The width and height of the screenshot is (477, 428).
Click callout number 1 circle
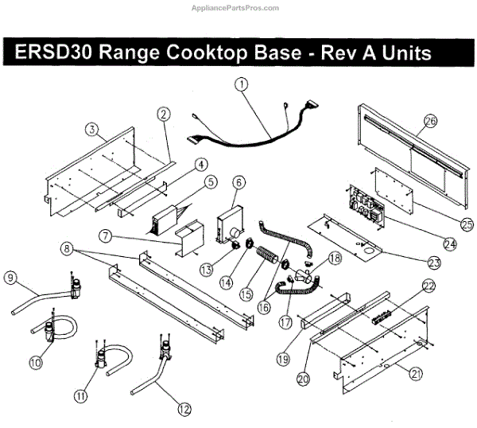tap(242, 83)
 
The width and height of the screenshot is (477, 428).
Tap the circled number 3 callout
tap(93, 130)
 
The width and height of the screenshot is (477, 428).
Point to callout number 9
tap(10, 278)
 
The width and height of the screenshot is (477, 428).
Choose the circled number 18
tap(335, 258)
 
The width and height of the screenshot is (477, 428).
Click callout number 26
tap(431, 121)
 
